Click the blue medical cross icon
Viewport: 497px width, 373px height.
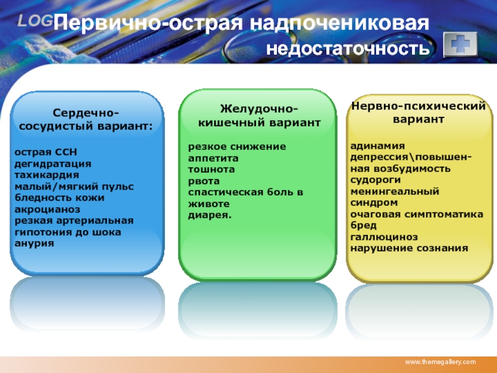460,44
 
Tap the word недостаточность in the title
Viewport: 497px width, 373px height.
348,49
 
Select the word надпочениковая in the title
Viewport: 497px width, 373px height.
339,23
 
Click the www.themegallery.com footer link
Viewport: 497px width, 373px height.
440,362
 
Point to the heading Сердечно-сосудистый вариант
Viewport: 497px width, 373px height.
86,119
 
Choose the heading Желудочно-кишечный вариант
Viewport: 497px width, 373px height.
259,116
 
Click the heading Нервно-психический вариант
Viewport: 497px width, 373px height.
418,113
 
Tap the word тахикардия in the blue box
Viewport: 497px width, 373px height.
47,175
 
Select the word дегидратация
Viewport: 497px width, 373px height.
53,164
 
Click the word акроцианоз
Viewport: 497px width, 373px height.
47,210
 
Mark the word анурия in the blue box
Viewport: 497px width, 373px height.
34,244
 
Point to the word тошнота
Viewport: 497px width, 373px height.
211,169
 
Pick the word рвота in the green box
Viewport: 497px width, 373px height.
204,181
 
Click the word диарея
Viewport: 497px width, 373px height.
210,215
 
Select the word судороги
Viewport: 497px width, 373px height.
375,180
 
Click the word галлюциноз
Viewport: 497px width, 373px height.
384,237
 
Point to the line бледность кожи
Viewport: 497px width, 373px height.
59,198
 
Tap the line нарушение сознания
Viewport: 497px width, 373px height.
409,248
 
